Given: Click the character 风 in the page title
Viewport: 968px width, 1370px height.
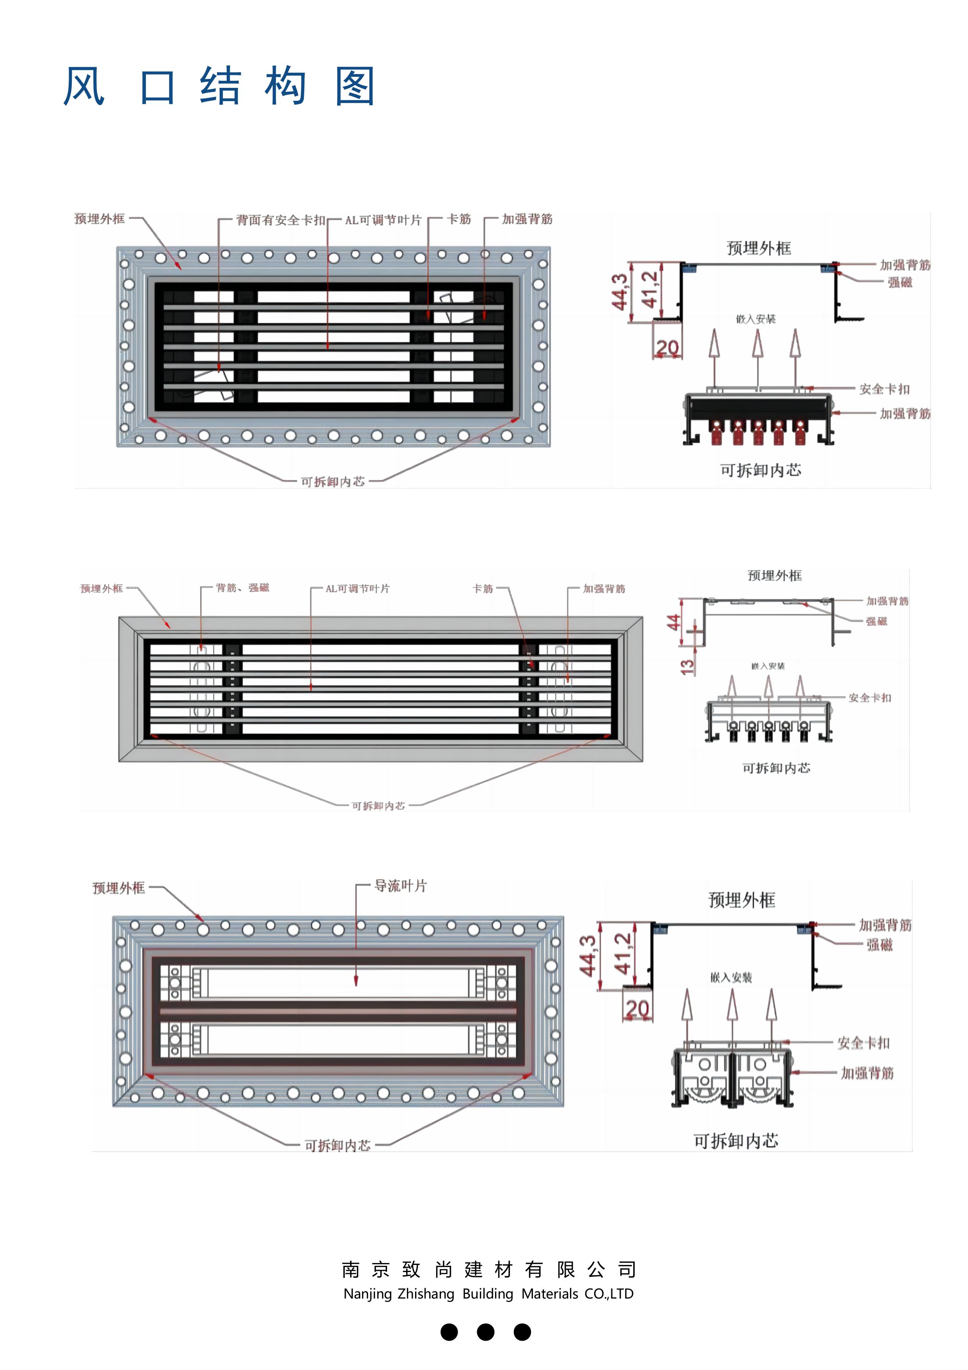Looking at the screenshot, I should point(84,87).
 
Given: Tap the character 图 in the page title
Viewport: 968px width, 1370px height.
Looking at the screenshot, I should point(355,87).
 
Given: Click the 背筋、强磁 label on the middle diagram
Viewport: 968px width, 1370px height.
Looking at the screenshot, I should point(242,588).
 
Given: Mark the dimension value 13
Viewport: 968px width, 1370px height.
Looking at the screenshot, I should point(688,666).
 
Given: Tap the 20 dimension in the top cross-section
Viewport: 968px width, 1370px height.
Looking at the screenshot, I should point(668,347).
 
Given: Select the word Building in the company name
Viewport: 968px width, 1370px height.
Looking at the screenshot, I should point(487,1293).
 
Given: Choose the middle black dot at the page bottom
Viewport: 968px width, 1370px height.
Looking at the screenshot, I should point(485,1332).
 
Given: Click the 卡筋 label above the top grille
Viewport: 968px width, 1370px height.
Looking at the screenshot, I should point(459,219).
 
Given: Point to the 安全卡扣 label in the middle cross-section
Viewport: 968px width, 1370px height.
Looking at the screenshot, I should point(870,698).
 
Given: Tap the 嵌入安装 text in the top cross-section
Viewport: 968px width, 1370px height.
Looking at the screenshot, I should point(756,319).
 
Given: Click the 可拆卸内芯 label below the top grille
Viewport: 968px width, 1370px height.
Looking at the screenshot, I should point(332,481).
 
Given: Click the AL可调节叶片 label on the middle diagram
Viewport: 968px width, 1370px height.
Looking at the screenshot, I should point(357,588).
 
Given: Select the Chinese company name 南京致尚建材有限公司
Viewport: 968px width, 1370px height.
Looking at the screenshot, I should point(488,1269).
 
